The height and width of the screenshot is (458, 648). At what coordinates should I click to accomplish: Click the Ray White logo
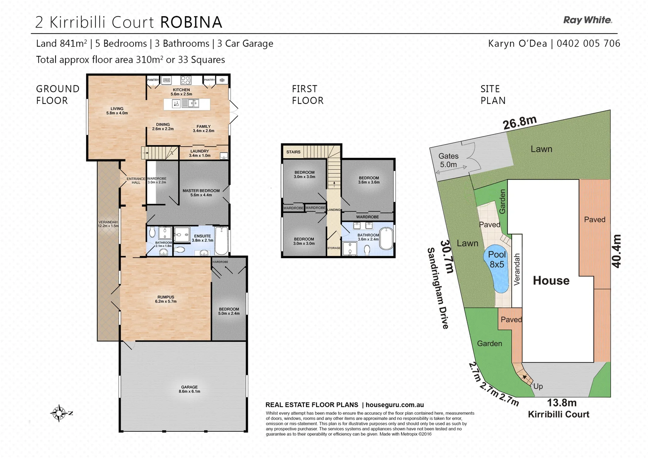pos(587,20)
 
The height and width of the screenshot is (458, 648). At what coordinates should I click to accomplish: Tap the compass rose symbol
pos(59,413)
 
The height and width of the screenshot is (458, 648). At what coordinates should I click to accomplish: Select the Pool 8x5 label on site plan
pos(497,259)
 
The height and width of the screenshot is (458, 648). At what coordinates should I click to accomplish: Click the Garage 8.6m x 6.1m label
pos(189,389)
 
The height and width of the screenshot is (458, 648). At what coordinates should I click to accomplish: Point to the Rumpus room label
pos(166,299)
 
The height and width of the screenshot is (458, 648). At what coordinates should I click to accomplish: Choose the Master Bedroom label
pos(201,193)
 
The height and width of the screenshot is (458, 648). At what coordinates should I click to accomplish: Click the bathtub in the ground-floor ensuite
pos(222,240)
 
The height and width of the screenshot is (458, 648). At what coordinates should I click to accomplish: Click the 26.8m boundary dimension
pos(519,122)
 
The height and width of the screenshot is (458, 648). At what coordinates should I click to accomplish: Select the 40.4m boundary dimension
pos(616,251)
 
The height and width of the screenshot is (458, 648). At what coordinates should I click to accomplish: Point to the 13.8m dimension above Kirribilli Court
pos(561,403)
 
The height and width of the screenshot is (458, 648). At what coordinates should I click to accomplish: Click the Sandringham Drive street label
pos(438,288)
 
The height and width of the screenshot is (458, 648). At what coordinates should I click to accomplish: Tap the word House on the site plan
pos(551,280)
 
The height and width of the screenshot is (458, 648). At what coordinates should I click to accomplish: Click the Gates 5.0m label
pos(449,160)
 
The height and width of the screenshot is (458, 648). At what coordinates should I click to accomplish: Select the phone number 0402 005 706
pos(588,43)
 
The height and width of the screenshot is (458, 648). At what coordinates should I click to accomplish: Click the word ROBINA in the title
pos(191,22)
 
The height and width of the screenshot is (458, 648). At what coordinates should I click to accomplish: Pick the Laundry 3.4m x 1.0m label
pos(199,153)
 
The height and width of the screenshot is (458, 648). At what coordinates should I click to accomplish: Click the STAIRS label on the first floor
pos(293,152)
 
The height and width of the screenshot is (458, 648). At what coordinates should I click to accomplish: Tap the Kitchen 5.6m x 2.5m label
pos(181,92)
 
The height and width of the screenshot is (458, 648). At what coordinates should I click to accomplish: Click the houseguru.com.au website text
pos(395,405)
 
